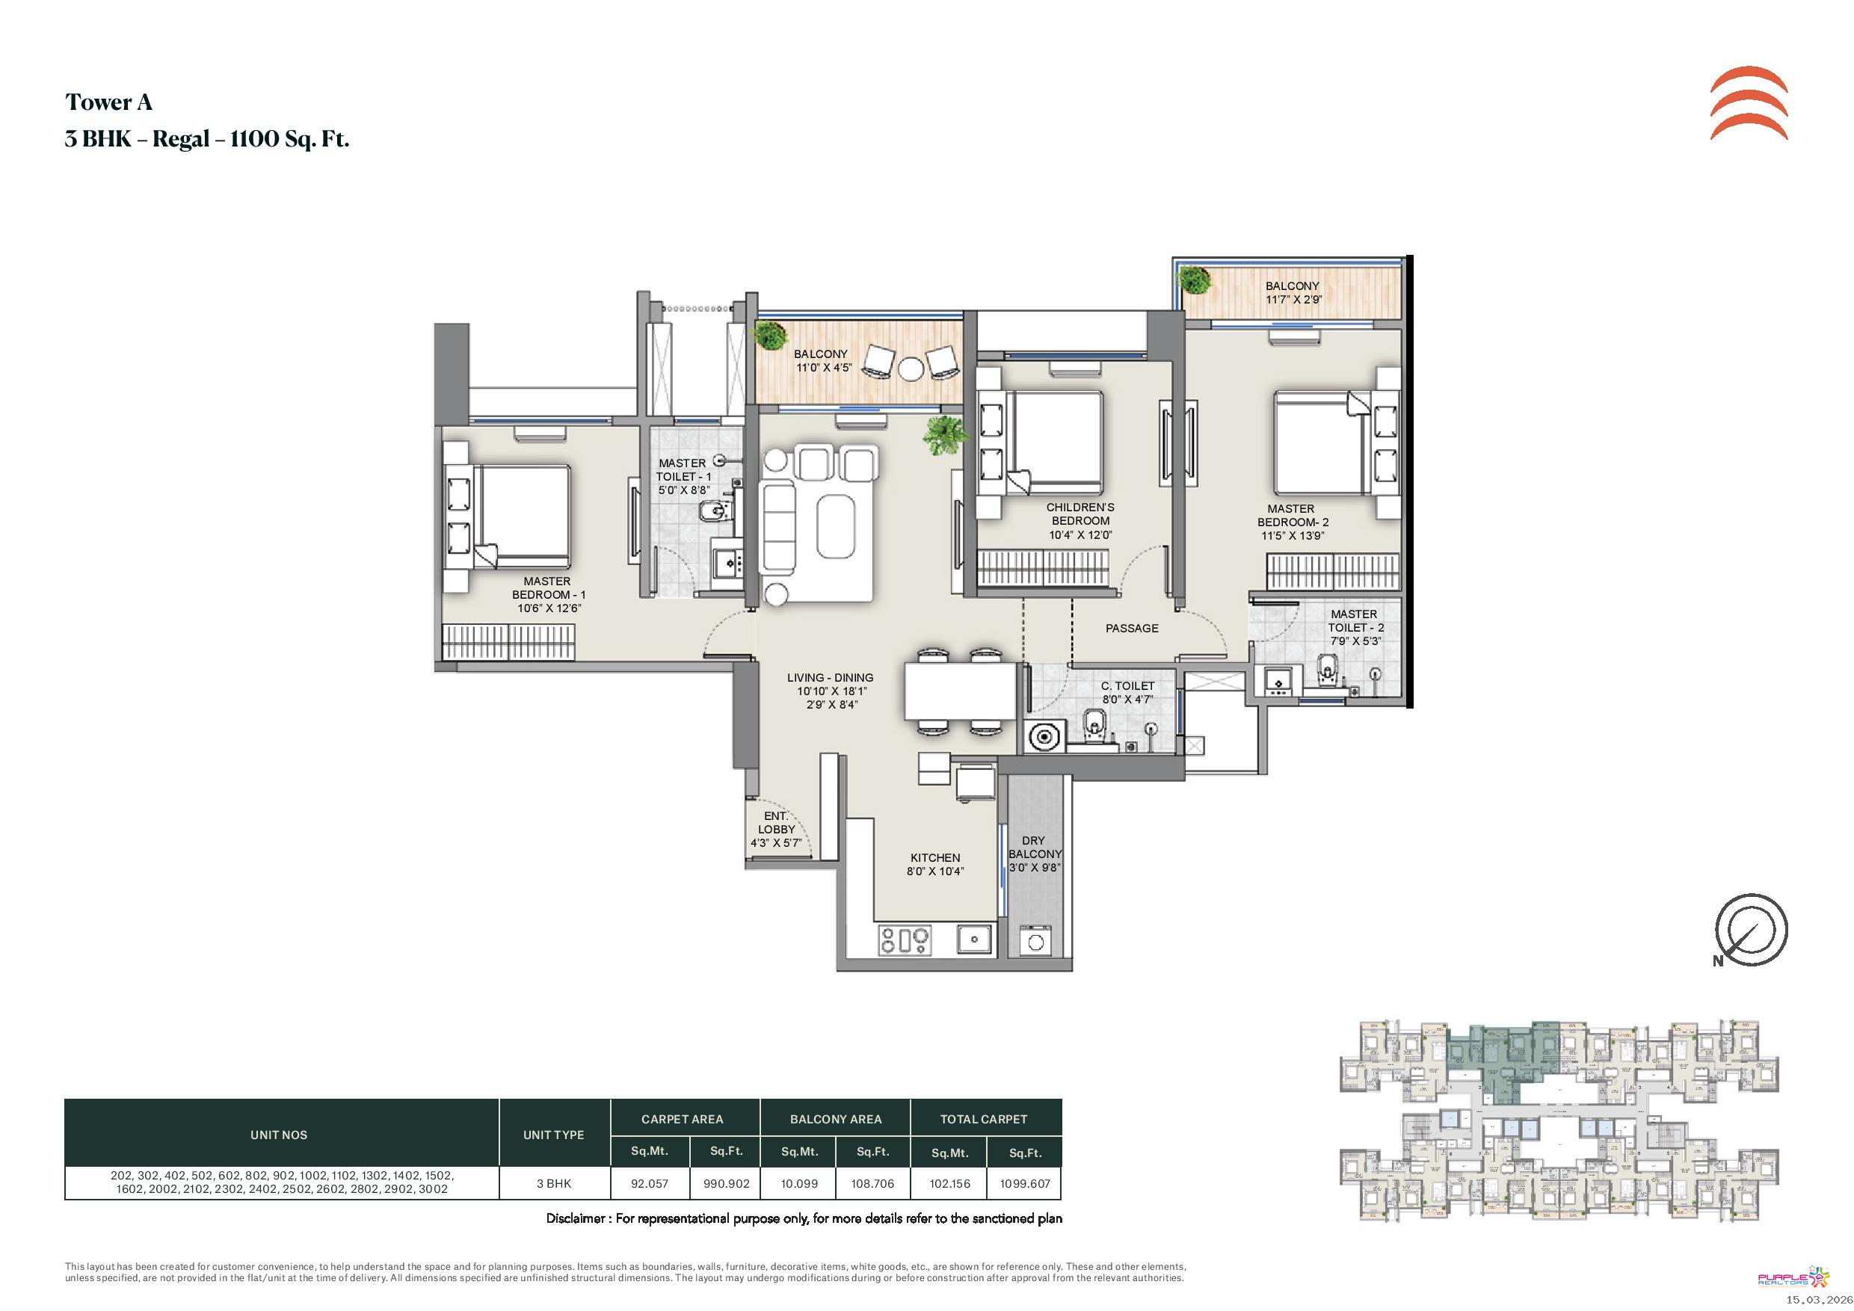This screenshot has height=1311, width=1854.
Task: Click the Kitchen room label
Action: pyautogui.click(x=935, y=857)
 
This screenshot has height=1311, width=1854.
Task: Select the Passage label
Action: pyautogui.click(x=1131, y=628)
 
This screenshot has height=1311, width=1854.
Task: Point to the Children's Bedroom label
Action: pyautogui.click(x=1080, y=514)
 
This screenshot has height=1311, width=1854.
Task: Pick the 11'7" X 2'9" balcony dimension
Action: pyautogui.click(x=1293, y=300)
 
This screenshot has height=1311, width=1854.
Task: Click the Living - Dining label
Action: pyautogui.click(x=830, y=677)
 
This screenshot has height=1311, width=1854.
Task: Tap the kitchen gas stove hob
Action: pyautogui.click(x=905, y=940)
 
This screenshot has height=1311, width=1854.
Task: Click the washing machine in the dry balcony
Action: pyautogui.click(x=1035, y=940)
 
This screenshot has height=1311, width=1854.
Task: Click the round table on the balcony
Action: pyautogui.click(x=911, y=368)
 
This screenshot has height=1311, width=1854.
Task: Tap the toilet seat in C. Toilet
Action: pyautogui.click(x=1094, y=727)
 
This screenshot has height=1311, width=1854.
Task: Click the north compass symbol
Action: pyautogui.click(x=1751, y=930)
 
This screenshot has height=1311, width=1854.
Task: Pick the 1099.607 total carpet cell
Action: pyautogui.click(x=1025, y=1183)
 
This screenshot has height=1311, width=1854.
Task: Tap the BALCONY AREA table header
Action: pyautogui.click(x=836, y=1119)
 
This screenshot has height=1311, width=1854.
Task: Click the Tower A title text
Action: pyautogui.click(x=109, y=102)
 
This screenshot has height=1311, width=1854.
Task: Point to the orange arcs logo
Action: pyautogui.click(x=1749, y=103)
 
